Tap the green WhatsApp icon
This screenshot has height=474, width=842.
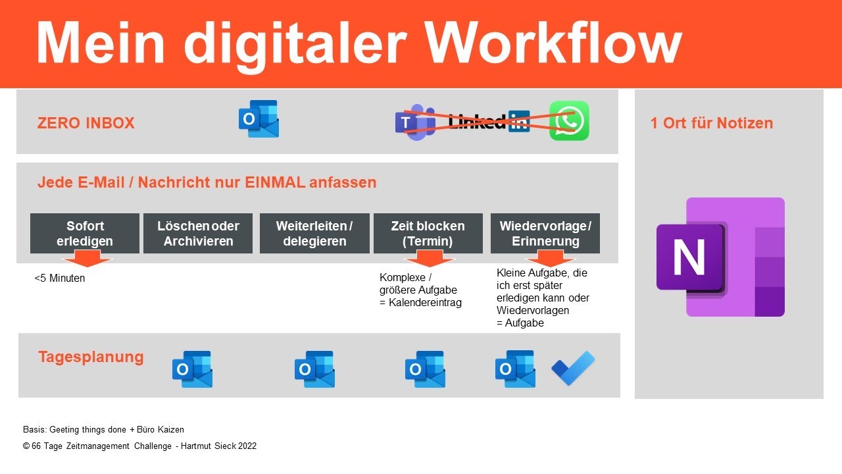tap(569, 120)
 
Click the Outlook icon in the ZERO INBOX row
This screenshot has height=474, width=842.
tap(259, 119)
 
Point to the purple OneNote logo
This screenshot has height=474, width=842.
tap(720, 257)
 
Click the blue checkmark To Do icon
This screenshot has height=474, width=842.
tap(573, 369)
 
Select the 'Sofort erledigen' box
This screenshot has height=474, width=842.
tap(85, 233)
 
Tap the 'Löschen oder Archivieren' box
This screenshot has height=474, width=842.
tap(198, 233)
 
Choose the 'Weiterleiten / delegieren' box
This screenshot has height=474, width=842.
tap(314, 233)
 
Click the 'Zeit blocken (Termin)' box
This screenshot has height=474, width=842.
tap(428, 233)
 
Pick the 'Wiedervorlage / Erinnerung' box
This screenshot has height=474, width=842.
tap(545, 233)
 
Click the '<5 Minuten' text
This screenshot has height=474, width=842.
tap(60, 278)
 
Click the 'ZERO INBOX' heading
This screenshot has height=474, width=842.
tap(86, 123)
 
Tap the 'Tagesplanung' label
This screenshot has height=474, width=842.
tap(91, 357)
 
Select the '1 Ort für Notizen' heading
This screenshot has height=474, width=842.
tap(712, 123)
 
